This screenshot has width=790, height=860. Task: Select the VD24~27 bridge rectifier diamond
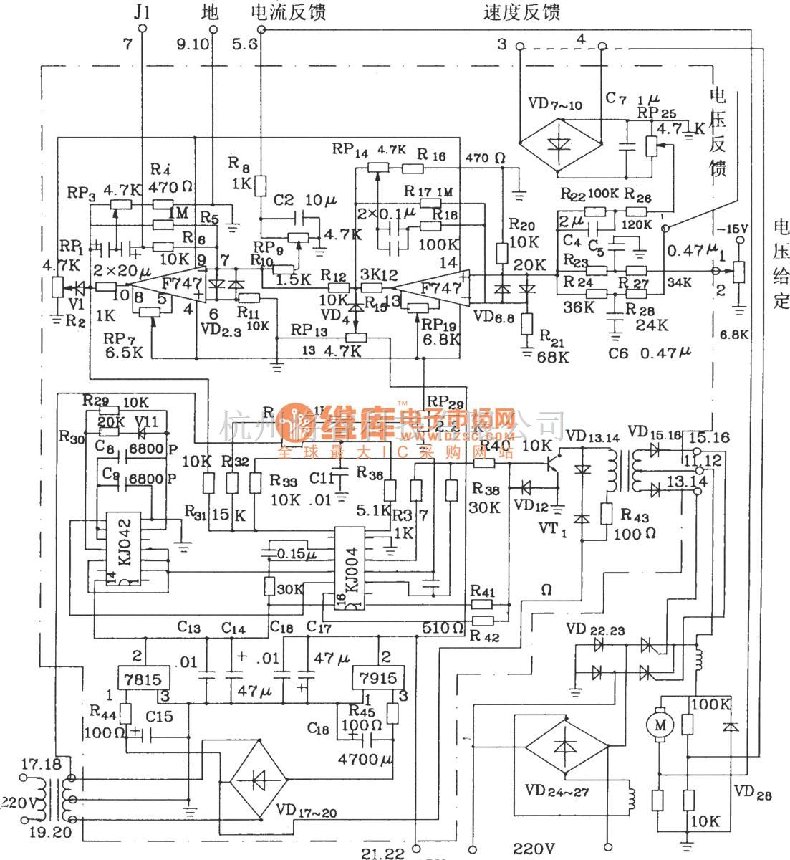566,745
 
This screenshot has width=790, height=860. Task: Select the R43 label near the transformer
635,515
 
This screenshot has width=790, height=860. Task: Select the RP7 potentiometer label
117,338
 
